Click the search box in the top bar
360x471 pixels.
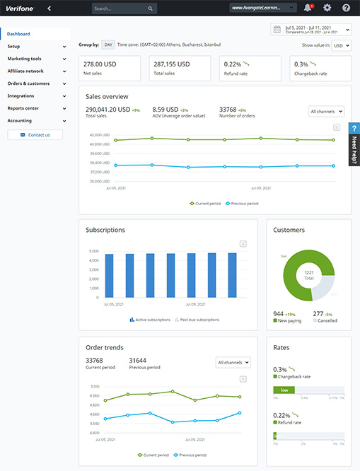pos(124,8)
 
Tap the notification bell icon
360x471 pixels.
pos(308,8)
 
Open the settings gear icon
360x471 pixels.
pos(327,8)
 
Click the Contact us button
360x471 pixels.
pos(39,134)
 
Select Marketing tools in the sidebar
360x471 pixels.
pos(25,59)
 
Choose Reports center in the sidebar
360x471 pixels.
pos(23,108)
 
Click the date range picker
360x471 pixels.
pos(310,30)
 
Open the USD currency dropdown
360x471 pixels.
pos(342,45)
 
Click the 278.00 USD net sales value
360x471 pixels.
pos(102,64)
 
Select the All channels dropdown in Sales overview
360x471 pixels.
pos(327,111)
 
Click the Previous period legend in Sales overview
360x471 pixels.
pos(241,204)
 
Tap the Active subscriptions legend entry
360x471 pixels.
pos(149,320)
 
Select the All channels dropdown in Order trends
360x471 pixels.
pos(233,362)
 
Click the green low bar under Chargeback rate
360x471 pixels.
pos(283,390)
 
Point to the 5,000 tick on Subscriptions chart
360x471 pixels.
pos(94,251)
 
